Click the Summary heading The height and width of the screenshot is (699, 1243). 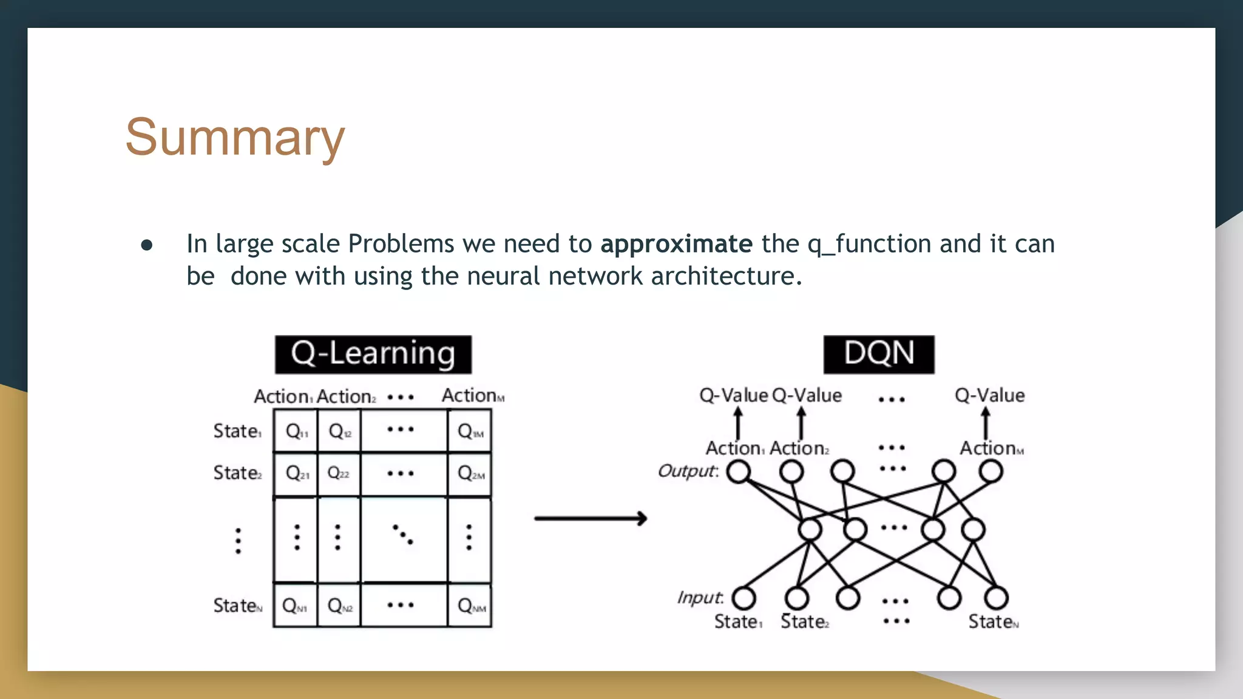[x=235, y=138]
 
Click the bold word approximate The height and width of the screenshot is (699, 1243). [x=676, y=244]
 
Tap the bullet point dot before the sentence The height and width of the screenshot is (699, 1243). [x=146, y=245]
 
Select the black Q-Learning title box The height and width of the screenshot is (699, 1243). [x=373, y=354]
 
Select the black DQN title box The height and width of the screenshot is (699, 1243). [x=878, y=354]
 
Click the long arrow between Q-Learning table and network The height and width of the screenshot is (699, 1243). [x=590, y=518]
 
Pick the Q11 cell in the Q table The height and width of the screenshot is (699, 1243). [x=296, y=431]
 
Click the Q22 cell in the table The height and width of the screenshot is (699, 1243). [x=338, y=473]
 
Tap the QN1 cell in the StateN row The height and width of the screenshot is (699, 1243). [x=295, y=606]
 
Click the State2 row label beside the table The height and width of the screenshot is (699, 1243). [x=237, y=473]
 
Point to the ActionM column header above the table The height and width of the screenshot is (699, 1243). [x=472, y=396]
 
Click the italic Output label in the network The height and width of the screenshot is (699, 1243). [x=687, y=471]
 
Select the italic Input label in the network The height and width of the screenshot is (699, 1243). [x=700, y=598]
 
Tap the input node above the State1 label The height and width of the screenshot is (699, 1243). [x=743, y=598]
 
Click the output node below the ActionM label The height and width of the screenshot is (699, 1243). [x=990, y=471]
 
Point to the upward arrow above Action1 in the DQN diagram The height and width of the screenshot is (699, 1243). [x=738, y=423]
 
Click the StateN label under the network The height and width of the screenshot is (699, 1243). [x=993, y=622]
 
